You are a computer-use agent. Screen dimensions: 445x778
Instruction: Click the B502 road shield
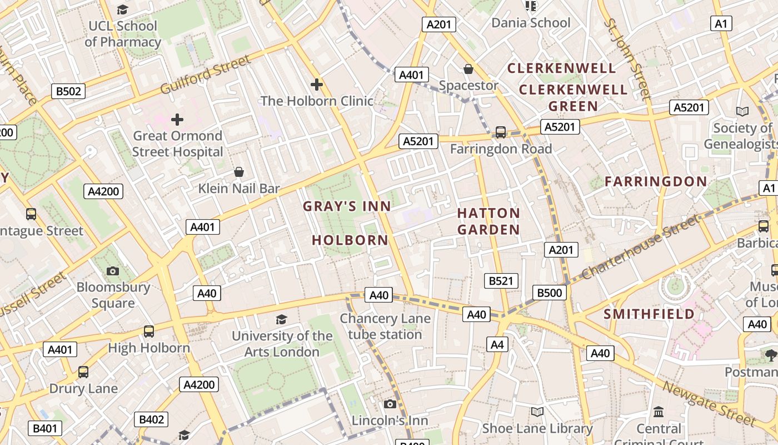[68, 91]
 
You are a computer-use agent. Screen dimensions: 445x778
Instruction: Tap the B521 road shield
[501, 281]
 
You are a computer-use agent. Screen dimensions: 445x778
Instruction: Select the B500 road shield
[550, 293]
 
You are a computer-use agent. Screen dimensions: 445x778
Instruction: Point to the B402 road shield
[151, 419]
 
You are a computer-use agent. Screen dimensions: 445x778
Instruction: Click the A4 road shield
[497, 345]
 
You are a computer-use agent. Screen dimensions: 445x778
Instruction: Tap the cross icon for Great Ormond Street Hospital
[177, 120]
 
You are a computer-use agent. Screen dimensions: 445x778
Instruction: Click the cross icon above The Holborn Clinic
[317, 85]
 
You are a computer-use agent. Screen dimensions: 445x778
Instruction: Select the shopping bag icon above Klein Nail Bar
[239, 172]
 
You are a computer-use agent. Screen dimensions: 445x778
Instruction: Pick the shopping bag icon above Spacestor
[468, 69]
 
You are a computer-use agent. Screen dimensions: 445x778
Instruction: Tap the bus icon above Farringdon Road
[501, 132]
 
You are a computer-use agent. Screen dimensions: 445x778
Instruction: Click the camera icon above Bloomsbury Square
[113, 271]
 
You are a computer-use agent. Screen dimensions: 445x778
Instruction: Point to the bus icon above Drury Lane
[83, 372]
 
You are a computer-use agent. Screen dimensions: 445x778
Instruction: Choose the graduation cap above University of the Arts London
[282, 320]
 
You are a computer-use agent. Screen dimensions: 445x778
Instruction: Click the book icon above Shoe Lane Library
[537, 412]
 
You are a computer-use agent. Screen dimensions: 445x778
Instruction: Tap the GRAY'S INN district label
[347, 206]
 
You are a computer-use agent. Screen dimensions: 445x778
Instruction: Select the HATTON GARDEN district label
[488, 221]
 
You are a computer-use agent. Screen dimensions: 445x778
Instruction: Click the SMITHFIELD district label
[649, 314]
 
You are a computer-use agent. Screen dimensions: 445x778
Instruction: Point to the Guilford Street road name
[205, 75]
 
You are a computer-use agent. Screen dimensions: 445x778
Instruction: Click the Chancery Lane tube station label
[385, 327]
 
